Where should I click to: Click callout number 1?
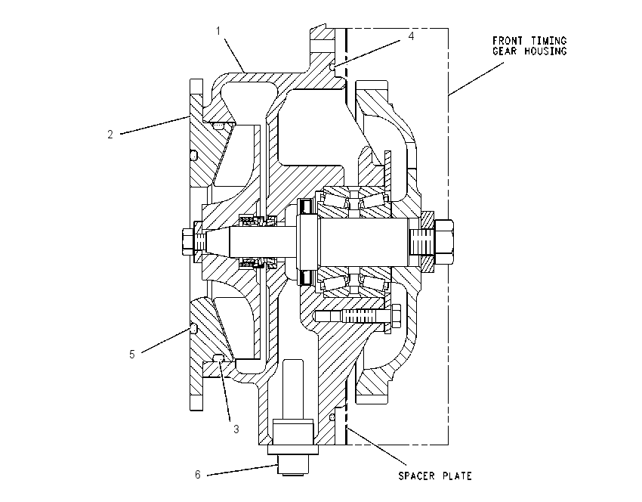click(218, 31)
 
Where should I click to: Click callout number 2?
click(110, 134)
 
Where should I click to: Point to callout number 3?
click(236, 429)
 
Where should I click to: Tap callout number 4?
click(411, 36)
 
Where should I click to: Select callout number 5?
click(132, 354)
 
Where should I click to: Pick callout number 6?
click(198, 475)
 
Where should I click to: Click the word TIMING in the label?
click(548, 41)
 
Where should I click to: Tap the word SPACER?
click(417, 476)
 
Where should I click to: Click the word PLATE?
click(457, 476)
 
